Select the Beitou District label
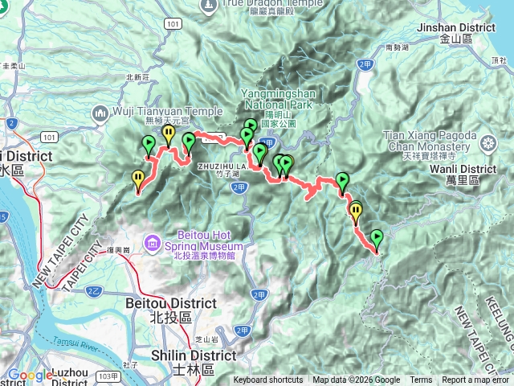point(171,303)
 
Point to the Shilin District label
point(196,355)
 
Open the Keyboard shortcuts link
point(268,380)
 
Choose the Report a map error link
point(475,380)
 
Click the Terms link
point(421,380)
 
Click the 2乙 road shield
point(93,289)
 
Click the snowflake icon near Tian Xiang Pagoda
point(487,143)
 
